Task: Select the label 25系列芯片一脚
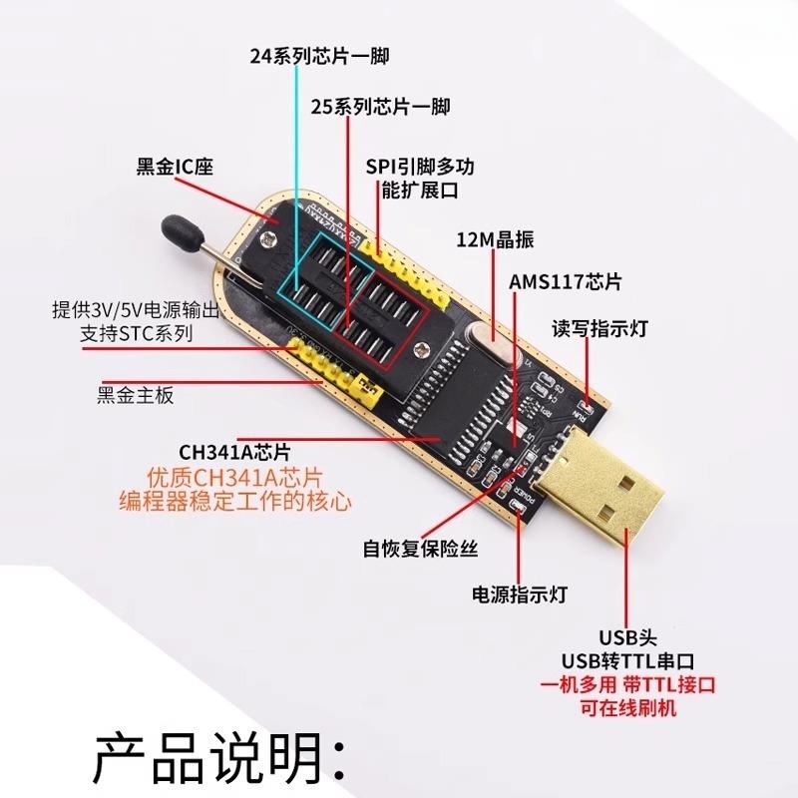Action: (380, 107)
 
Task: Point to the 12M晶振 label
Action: (495, 240)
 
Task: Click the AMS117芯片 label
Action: (566, 283)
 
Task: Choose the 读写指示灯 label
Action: (599, 328)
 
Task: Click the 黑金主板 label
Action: (137, 395)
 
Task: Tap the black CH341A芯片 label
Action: (234, 450)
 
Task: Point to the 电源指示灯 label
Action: (519, 595)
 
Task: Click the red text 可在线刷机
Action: (627, 708)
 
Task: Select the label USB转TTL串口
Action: (627, 660)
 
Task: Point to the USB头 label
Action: (627, 637)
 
